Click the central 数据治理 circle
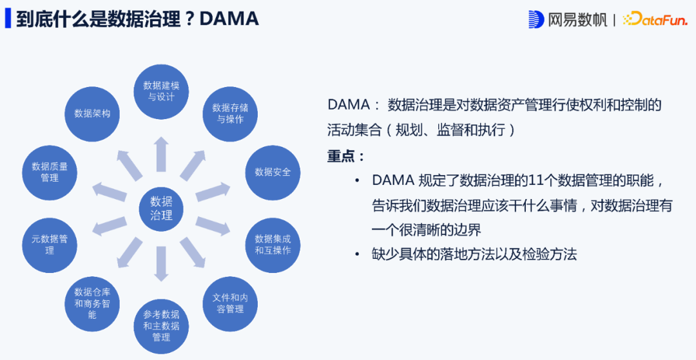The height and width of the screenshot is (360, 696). pyautogui.click(x=161, y=208)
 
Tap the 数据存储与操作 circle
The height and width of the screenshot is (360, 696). pyautogui.click(x=230, y=113)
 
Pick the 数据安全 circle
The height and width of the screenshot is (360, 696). pyautogui.click(x=273, y=172)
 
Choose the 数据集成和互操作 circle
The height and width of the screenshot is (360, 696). pyautogui.click(x=273, y=245)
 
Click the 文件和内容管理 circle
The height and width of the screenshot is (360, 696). pyautogui.click(x=230, y=303)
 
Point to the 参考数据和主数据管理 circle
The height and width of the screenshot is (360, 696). pyautogui.click(x=161, y=325)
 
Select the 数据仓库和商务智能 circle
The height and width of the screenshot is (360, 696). pyautogui.click(x=92, y=303)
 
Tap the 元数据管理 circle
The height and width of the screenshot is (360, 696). pyautogui.click(x=50, y=245)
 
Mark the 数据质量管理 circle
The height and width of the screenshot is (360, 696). pyautogui.click(x=50, y=172)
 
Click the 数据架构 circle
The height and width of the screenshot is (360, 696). pyautogui.click(x=92, y=113)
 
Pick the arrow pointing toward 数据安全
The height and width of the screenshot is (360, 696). pyautogui.click(x=213, y=191)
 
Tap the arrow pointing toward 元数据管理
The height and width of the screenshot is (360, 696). pyautogui.click(x=110, y=226)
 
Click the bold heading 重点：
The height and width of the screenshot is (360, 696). pyautogui.click(x=347, y=156)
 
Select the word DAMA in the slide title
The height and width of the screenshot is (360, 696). pyautogui.click(x=229, y=19)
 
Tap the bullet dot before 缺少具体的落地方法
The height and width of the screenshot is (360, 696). pyautogui.click(x=356, y=254)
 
